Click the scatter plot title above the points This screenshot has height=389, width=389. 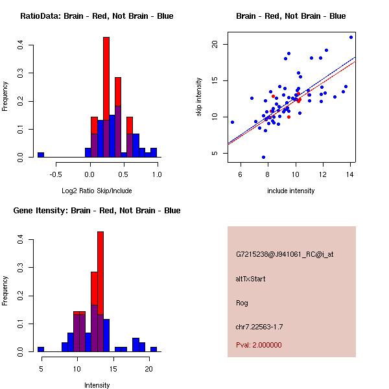pyautogui.click(x=290, y=16)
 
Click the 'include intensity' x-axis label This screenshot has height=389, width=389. pyautogui.click(x=290, y=191)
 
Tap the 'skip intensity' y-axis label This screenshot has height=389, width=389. pyautogui.click(x=199, y=97)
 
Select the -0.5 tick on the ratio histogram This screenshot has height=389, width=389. pyautogui.click(x=56, y=174)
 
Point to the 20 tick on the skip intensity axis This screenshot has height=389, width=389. pyautogui.click(x=215, y=44)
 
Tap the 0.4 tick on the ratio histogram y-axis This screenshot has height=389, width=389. pyautogui.click(x=21, y=45)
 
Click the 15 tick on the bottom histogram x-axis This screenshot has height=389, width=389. pyautogui.click(x=112, y=368)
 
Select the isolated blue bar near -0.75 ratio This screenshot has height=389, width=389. pyautogui.click(x=41, y=155)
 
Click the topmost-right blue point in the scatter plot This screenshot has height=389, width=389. pyautogui.click(x=351, y=37)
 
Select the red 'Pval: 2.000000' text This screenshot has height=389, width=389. pyautogui.click(x=259, y=345)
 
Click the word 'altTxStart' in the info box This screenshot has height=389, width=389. pyautogui.click(x=250, y=279)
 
